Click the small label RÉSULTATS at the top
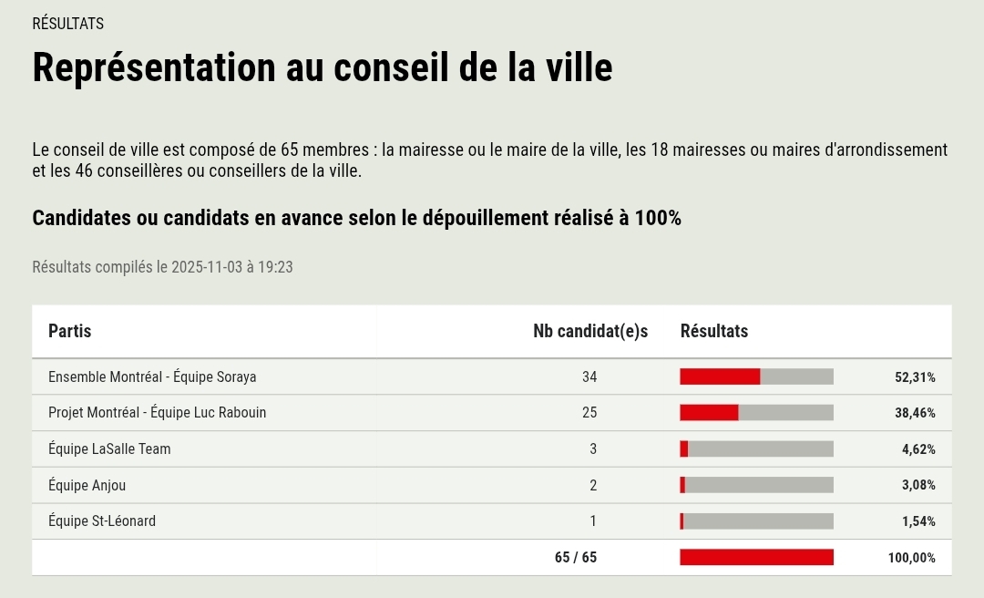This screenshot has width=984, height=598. (x=67, y=24)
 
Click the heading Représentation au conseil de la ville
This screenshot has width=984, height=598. (x=322, y=68)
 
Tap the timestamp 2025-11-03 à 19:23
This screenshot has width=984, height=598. (x=231, y=267)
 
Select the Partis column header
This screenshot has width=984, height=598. (x=69, y=331)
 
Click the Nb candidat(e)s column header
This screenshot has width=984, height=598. (x=589, y=331)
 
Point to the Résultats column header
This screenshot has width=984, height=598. (x=713, y=331)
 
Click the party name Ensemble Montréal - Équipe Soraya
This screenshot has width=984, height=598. (x=152, y=376)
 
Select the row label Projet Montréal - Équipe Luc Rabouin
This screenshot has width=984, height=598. (x=157, y=412)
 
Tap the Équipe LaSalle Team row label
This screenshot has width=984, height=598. (x=109, y=448)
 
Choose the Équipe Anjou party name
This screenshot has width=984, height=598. (x=87, y=485)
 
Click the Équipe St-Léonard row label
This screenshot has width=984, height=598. (x=102, y=521)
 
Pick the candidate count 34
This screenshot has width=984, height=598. (x=589, y=376)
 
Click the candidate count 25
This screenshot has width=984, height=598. (x=589, y=412)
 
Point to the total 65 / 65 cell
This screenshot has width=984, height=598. (x=576, y=557)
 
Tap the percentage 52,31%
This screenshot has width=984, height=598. (x=915, y=376)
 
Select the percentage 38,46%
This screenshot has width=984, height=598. (x=915, y=412)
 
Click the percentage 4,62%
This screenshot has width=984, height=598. (x=918, y=448)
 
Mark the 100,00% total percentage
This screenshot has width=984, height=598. (x=911, y=557)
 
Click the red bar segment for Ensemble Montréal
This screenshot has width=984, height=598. (x=720, y=376)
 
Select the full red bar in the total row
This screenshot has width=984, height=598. (x=756, y=557)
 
